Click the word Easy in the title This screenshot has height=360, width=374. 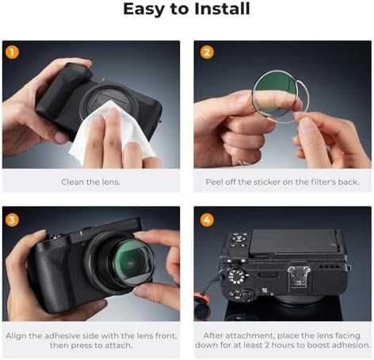(143, 10)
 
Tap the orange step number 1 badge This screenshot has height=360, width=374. (12, 52)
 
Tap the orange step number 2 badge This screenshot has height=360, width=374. (207, 52)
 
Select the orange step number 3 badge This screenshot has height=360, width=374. (12, 219)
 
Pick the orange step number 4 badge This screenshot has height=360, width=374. (207, 219)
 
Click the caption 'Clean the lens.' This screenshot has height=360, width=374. (91, 182)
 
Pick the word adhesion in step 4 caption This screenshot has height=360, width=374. (349, 346)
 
